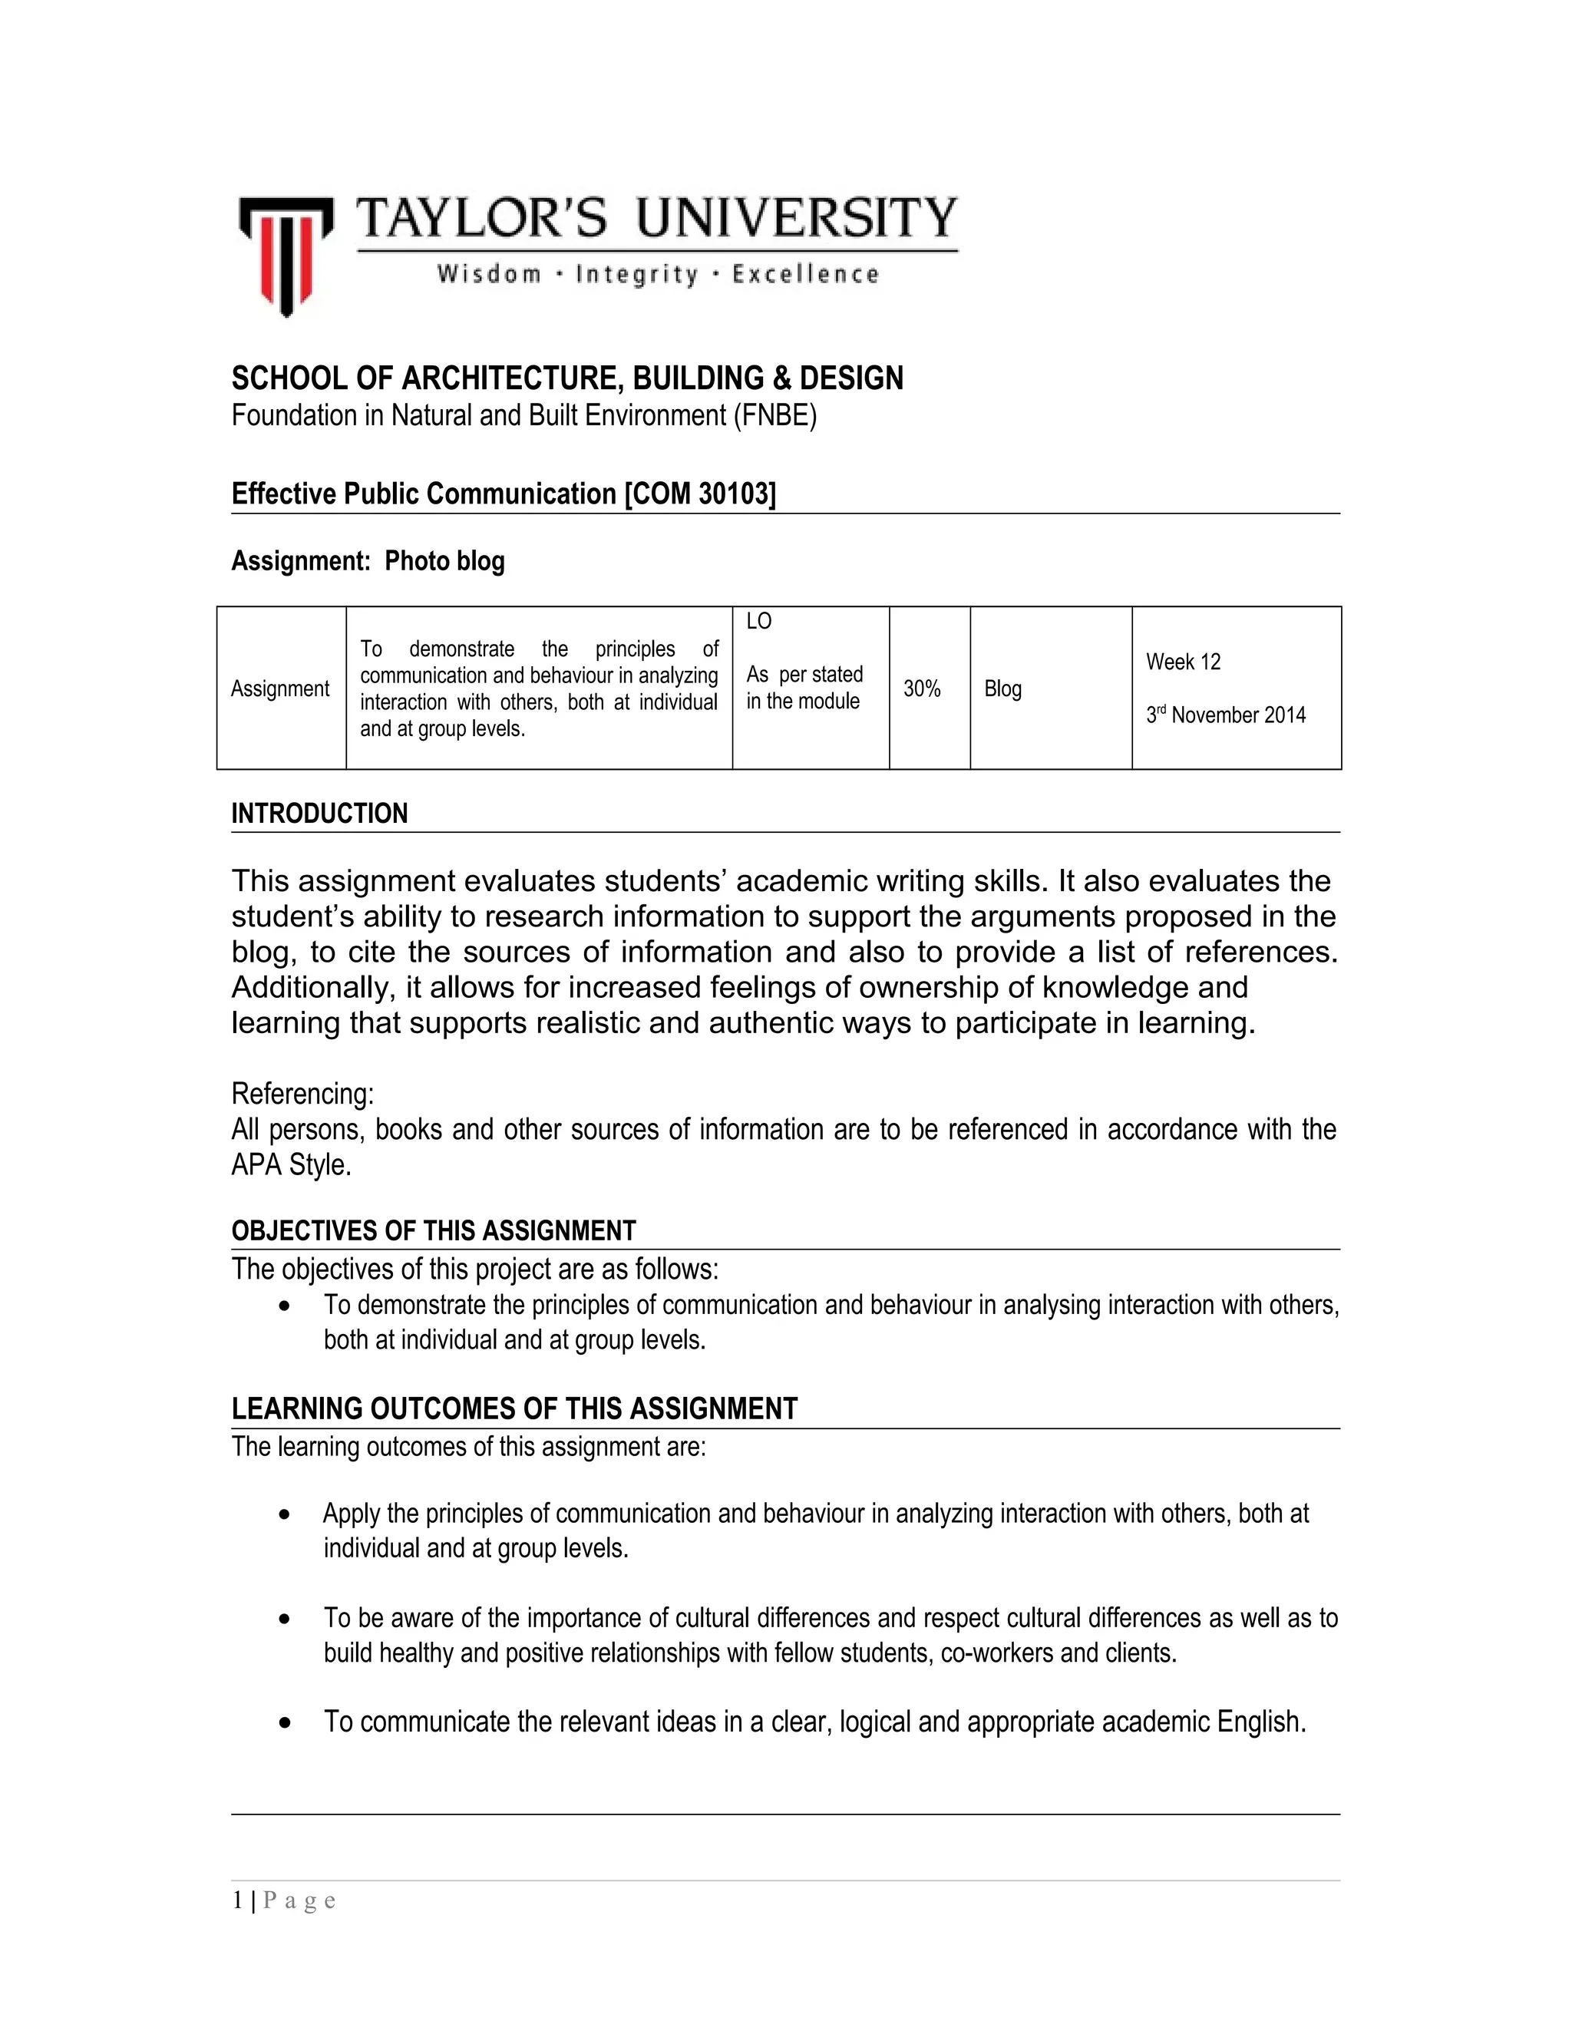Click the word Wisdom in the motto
(x=489, y=274)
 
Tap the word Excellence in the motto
(x=804, y=274)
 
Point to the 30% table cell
(x=921, y=688)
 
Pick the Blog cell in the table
(x=1003, y=688)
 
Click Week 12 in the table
(x=1183, y=662)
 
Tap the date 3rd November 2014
(x=1226, y=715)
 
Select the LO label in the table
(x=758, y=621)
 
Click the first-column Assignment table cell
(x=280, y=688)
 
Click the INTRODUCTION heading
(x=319, y=813)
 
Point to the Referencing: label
(x=302, y=1092)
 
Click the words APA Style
(x=291, y=1165)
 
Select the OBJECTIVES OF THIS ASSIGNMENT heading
(x=433, y=1231)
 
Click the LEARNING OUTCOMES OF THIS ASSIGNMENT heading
(x=514, y=1408)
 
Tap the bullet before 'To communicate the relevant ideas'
(x=285, y=1724)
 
